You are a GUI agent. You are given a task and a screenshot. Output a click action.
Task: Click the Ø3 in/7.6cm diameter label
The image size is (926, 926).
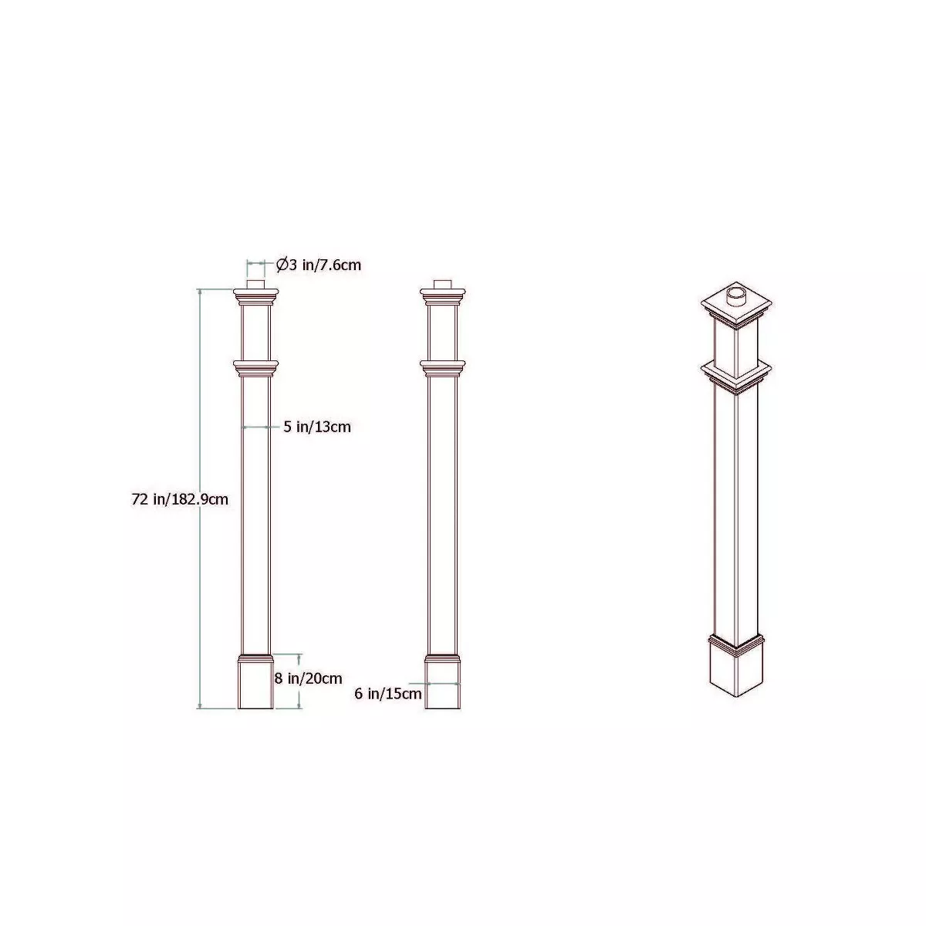click(318, 265)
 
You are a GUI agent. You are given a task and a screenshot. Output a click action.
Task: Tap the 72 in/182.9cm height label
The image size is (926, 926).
click(180, 500)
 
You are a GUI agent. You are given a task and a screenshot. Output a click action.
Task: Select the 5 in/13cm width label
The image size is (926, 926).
click(317, 427)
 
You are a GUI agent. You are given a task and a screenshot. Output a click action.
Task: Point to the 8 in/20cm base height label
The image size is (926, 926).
click(309, 678)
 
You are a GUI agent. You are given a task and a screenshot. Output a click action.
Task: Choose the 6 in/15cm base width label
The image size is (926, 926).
click(388, 694)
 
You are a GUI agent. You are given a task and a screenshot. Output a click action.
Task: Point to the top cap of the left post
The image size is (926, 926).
click(255, 296)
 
